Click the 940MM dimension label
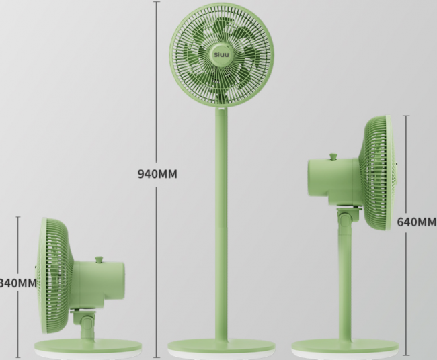pos(157,174)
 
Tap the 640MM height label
pos(417,222)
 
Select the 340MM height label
pos(18,283)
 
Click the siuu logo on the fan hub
pos(222,54)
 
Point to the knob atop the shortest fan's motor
pos(99,259)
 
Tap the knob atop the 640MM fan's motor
pos(333,156)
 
